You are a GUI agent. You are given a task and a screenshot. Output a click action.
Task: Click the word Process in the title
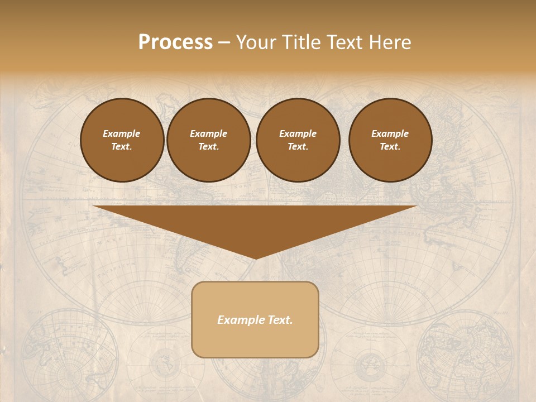pos(175,42)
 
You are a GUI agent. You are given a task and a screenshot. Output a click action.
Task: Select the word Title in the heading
pos(301,42)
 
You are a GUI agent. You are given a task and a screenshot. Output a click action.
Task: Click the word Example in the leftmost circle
pos(122,133)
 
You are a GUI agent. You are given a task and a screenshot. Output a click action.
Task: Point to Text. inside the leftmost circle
pos(122,146)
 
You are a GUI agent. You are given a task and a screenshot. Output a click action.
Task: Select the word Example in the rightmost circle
pos(390,133)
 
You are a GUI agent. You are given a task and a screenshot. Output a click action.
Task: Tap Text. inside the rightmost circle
pos(390,146)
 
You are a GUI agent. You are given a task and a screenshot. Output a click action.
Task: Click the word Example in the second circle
pos(209,133)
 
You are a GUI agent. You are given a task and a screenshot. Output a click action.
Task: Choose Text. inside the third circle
pos(298,146)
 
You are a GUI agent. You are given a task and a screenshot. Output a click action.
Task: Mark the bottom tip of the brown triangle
pos(255,258)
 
